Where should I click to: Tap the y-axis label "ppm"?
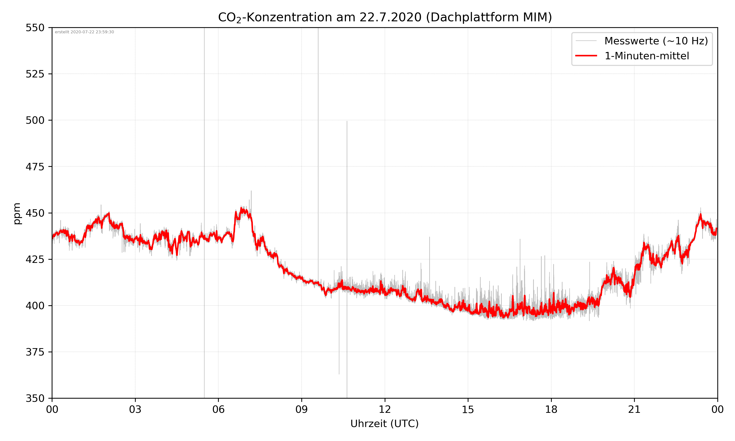pyautogui.click(x=17, y=213)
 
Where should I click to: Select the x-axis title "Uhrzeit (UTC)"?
pyautogui.click(x=384, y=423)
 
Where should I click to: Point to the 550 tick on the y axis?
pyautogui.click(x=35, y=28)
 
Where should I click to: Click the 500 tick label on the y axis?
pyautogui.click(x=35, y=120)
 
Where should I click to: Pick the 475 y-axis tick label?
pyautogui.click(x=35, y=167)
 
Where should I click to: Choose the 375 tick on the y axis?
pyautogui.click(x=35, y=352)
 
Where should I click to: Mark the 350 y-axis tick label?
pyautogui.click(x=35, y=398)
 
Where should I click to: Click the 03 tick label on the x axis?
pyautogui.click(x=135, y=409)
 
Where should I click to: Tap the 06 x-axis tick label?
pyautogui.click(x=218, y=409)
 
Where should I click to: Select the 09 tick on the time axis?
pyautogui.click(x=302, y=409)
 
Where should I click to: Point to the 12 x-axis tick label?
pyautogui.click(x=385, y=409)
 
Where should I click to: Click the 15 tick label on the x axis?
pyautogui.click(x=468, y=409)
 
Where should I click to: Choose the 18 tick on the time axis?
pyautogui.click(x=551, y=409)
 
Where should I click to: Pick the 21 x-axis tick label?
pyautogui.click(x=634, y=409)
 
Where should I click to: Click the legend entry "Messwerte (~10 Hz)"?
pyautogui.click(x=656, y=41)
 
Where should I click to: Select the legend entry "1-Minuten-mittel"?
pyautogui.click(x=647, y=56)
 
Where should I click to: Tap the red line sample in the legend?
pyautogui.click(x=586, y=56)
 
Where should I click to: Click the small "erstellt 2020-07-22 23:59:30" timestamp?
pyautogui.click(x=84, y=32)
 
